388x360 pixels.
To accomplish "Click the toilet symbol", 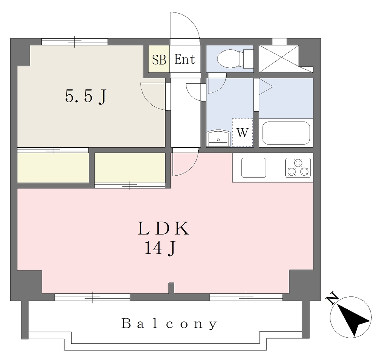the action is click(235, 59).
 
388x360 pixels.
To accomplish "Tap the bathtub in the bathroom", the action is click(286, 133).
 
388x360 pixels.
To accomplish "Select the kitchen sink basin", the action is click(253, 168).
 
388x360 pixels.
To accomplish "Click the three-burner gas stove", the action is click(298, 168).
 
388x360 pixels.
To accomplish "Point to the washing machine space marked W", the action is click(242, 133).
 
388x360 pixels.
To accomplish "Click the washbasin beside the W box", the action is click(218, 139).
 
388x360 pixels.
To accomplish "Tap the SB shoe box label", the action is click(159, 59).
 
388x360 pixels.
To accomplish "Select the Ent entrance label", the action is click(185, 59).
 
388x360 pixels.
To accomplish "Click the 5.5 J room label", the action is click(86, 96).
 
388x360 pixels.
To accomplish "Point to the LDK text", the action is click(164, 229).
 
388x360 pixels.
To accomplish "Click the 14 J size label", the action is click(160, 248).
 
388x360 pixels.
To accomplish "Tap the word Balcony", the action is click(169, 324).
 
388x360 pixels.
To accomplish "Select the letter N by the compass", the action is click(332, 298).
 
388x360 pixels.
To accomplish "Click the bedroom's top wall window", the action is click(75, 42).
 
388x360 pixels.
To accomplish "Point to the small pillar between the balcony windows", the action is click(171, 288).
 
